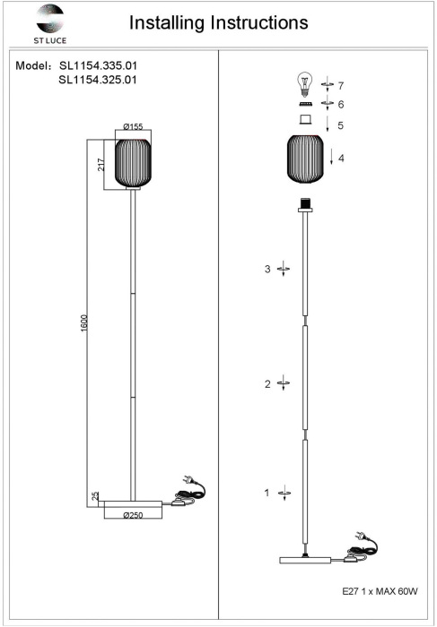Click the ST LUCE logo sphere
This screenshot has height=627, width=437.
49,18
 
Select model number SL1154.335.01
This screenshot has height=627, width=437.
98,65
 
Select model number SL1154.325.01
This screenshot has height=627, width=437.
98,80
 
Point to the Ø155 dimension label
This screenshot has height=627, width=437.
133,127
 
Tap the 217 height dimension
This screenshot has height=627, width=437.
101,164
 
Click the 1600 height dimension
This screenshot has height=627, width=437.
84,324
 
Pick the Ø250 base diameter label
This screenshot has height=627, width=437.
133,515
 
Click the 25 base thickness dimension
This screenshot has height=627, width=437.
94,496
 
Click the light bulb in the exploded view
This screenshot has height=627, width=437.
306,84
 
